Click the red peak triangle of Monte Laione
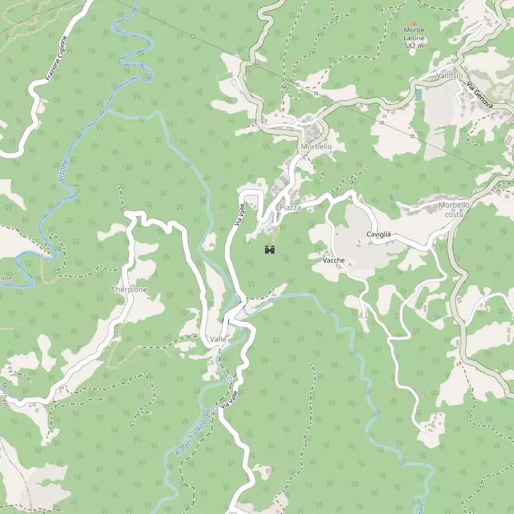(414, 23)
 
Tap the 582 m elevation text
(414, 46)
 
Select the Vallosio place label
(449, 76)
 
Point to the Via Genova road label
(480, 95)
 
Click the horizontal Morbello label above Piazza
(316, 147)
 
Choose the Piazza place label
(290, 208)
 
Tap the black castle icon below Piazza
(270, 250)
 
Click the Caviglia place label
(378, 234)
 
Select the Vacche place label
(333, 260)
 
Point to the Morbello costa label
(454, 209)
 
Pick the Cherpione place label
(129, 290)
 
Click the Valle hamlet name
(218, 340)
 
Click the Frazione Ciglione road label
(57, 59)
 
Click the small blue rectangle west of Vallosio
(418, 95)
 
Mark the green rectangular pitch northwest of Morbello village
(224, 77)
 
